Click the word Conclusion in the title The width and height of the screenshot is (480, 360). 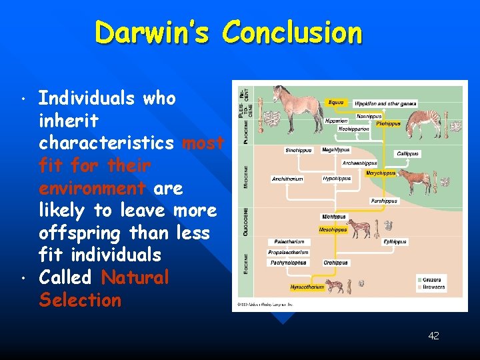[x=293, y=32]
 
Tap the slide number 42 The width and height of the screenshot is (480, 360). [x=433, y=335]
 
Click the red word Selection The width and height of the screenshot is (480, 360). [x=80, y=300]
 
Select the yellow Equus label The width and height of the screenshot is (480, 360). [x=336, y=103]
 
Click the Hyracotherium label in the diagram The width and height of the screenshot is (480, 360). [x=307, y=287]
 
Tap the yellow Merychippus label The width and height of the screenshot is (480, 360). [x=381, y=173]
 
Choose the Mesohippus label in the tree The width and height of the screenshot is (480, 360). [x=333, y=229]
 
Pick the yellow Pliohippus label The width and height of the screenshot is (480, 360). [x=388, y=123]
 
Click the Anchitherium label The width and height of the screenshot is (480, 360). [x=287, y=179]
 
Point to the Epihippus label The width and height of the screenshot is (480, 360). [x=395, y=242]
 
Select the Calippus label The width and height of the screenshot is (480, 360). [x=408, y=153]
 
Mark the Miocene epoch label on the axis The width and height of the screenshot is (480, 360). [x=245, y=176]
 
